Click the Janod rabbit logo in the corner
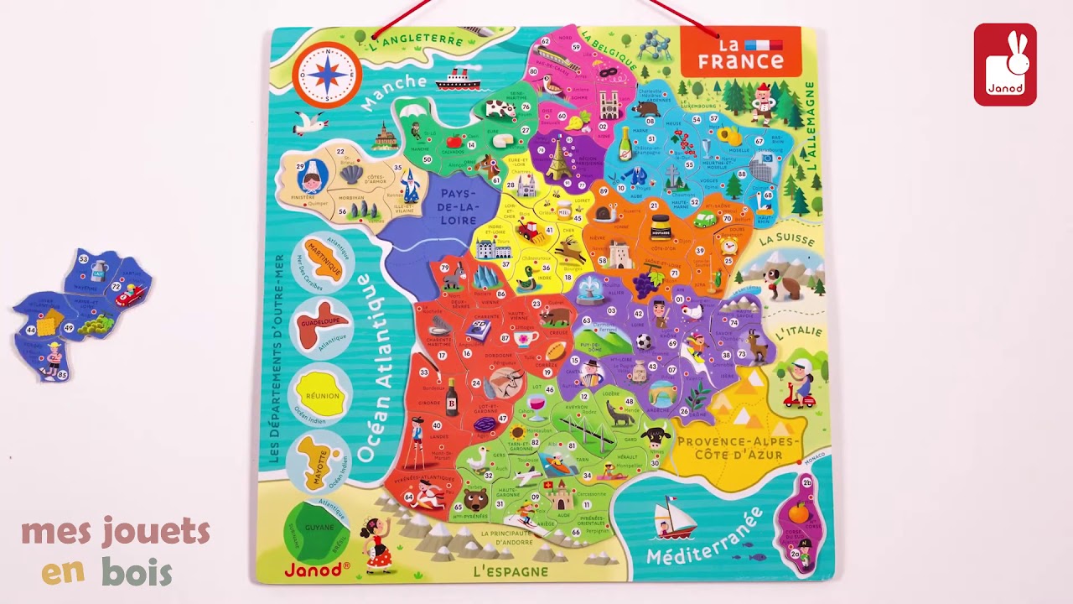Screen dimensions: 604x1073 1004,65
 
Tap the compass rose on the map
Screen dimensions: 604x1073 327,75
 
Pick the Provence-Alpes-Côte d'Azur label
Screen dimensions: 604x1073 730,448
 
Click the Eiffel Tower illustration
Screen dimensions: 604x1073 557,159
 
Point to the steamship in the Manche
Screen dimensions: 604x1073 458,80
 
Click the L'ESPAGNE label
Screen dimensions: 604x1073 511,571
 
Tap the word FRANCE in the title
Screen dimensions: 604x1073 740,60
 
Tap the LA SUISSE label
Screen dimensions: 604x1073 786,241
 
